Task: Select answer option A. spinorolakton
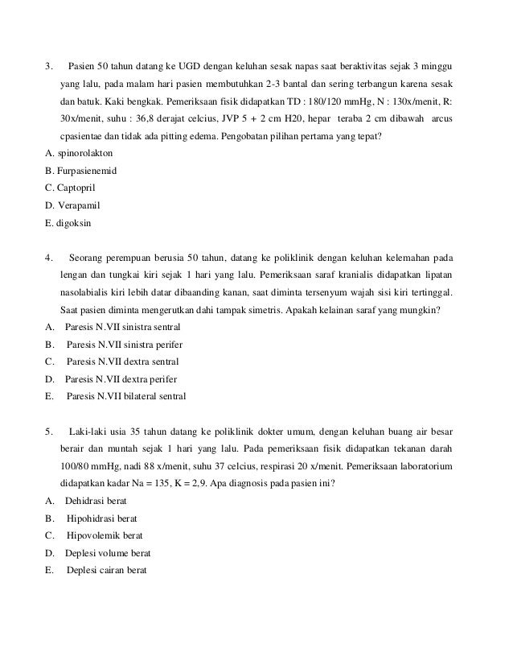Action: pyautogui.click(x=79, y=152)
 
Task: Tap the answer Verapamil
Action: pyautogui.click(x=77, y=206)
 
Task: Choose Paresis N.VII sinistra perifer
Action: pyautogui.click(x=124, y=345)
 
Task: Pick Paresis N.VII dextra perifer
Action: pyautogui.click(x=121, y=379)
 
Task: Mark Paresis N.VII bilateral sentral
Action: pyautogui.click(x=127, y=396)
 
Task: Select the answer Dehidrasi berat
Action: pyautogui.click(x=96, y=501)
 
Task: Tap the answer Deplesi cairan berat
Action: pyautogui.click(x=108, y=570)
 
